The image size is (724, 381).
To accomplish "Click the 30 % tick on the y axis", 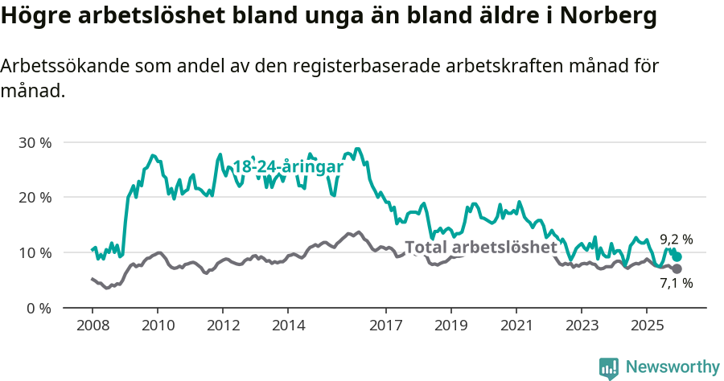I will tap(35, 142).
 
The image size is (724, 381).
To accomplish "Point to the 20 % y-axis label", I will tap(35, 198).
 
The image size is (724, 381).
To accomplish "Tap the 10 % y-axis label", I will tap(35, 252).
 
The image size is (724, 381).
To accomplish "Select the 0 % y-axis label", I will tap(39, 308).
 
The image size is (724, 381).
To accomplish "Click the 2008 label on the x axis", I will tap(93, 326).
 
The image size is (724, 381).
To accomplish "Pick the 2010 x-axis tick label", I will tap(158, 326).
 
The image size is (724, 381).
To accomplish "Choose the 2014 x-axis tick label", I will tap(288, 326).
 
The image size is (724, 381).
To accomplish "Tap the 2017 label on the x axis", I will tap(385, 326).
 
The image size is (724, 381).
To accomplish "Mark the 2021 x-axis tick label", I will tap(516, 326).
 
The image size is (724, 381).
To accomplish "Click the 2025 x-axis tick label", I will tap(646, 326).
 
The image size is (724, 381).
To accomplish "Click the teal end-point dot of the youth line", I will tap(677, 257).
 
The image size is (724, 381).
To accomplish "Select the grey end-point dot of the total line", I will tap(677, 268).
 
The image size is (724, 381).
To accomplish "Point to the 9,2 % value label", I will tap(676, 240).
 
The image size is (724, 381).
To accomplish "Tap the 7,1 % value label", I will tap(676, 283).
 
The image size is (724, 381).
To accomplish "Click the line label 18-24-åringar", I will tap(288, 166).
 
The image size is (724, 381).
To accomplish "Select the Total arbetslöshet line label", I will tap(480, 247).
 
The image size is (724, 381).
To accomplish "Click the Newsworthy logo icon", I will tap(609, 367).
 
